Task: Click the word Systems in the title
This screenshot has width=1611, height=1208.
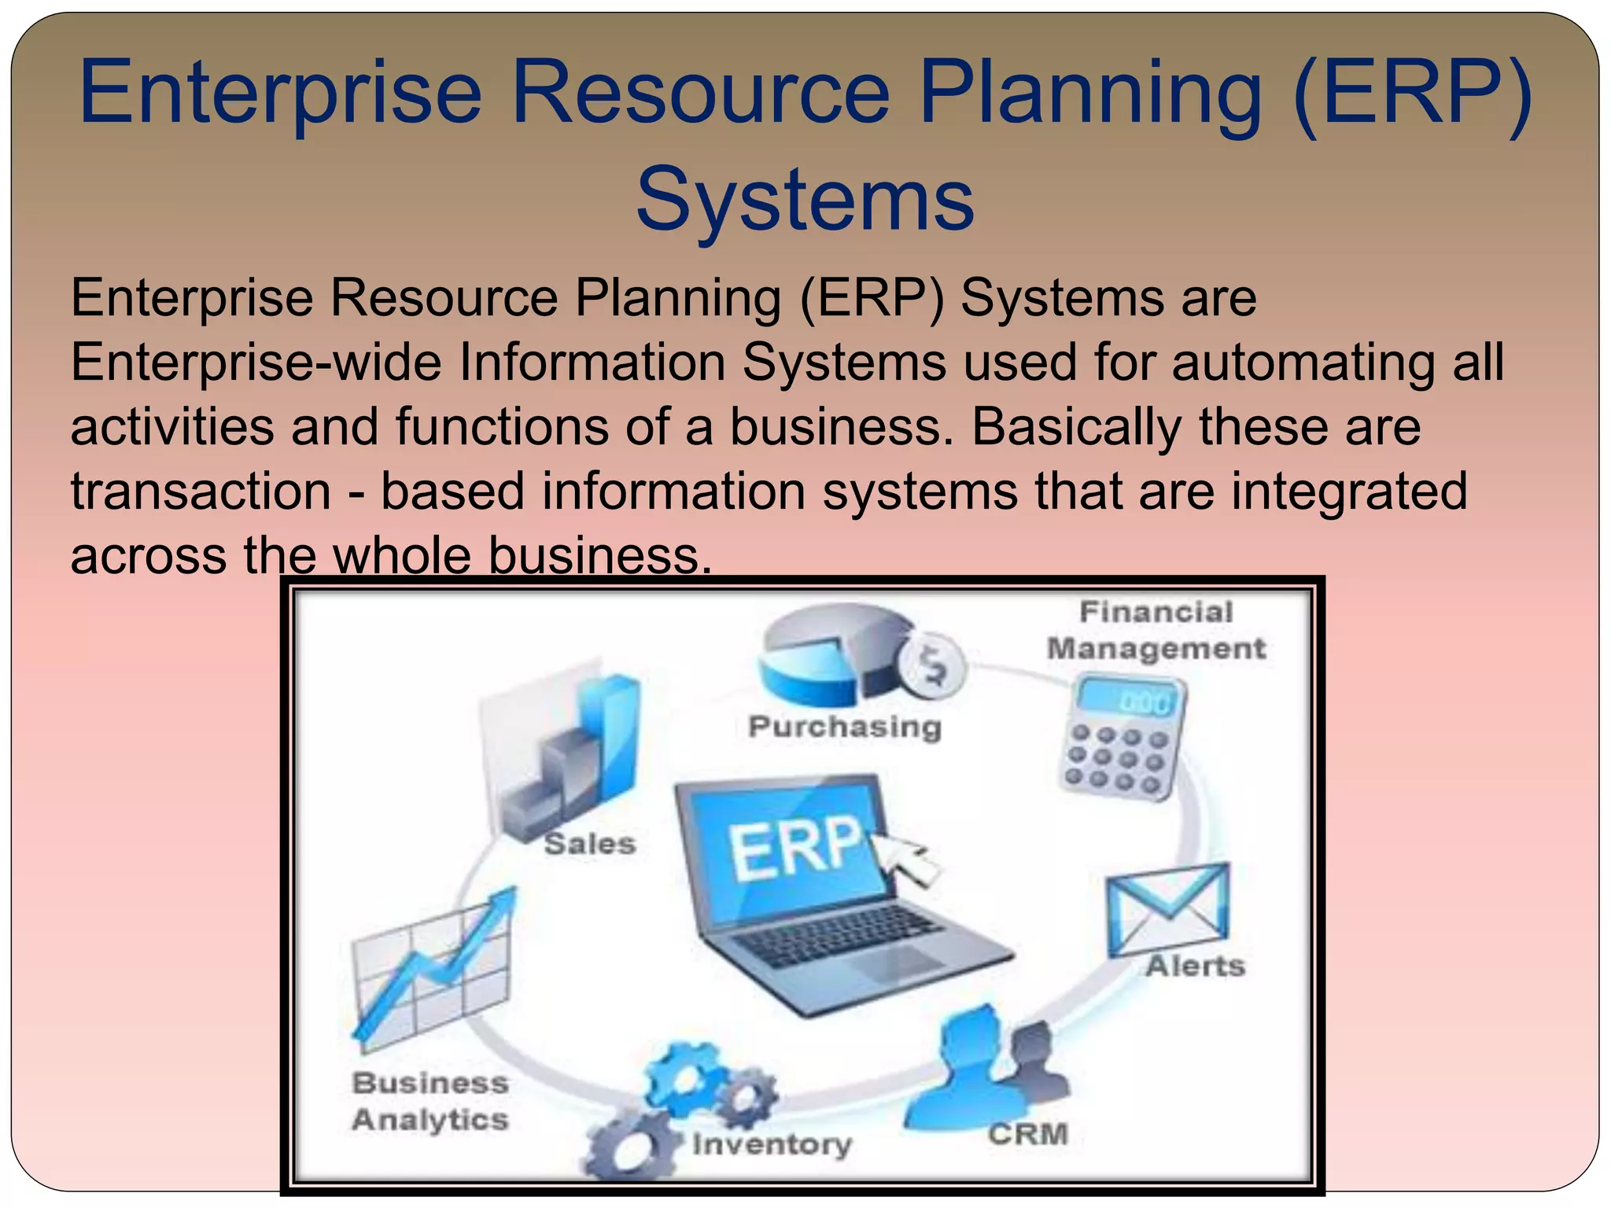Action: click(805, 201)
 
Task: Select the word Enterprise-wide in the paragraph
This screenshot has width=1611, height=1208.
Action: click(255, 363)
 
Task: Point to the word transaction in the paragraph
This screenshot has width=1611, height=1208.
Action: click(201, 492)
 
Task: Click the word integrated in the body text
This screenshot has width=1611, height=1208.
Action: click(1348, 492)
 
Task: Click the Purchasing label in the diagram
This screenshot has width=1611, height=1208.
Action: click(844, 727)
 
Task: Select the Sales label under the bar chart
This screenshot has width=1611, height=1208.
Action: click(590, 844)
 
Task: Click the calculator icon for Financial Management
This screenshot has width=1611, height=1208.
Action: click(1121, 738)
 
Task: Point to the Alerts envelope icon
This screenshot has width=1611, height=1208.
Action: click(1167, 908)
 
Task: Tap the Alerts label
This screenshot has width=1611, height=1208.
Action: click(1195, 966)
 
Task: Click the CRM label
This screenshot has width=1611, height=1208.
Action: click(1028, 1134)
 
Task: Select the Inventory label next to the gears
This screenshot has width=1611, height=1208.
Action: click(772, 1144)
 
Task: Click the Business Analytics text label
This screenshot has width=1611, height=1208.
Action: click(429, 1101)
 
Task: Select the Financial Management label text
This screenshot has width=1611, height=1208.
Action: click(1156, 631)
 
